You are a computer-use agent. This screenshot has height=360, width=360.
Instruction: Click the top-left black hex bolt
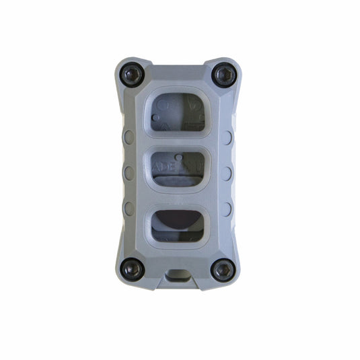point(133,75)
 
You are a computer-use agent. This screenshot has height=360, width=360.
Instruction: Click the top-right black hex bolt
point(223,73)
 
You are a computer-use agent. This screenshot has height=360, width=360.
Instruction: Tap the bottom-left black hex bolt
point(133,268)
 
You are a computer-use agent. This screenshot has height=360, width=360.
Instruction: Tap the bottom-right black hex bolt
point(223,270)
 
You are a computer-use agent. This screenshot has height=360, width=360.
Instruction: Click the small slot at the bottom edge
point(178,275)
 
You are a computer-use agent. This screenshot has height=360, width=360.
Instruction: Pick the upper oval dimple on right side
point(227,137)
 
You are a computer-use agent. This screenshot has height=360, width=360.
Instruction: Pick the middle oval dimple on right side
point(227,172)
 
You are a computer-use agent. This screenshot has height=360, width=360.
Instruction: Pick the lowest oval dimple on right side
point(227,207)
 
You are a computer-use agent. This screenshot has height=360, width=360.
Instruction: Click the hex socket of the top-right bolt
point(223,73)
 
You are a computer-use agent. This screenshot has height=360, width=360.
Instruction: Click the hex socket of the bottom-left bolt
point(133,268)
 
